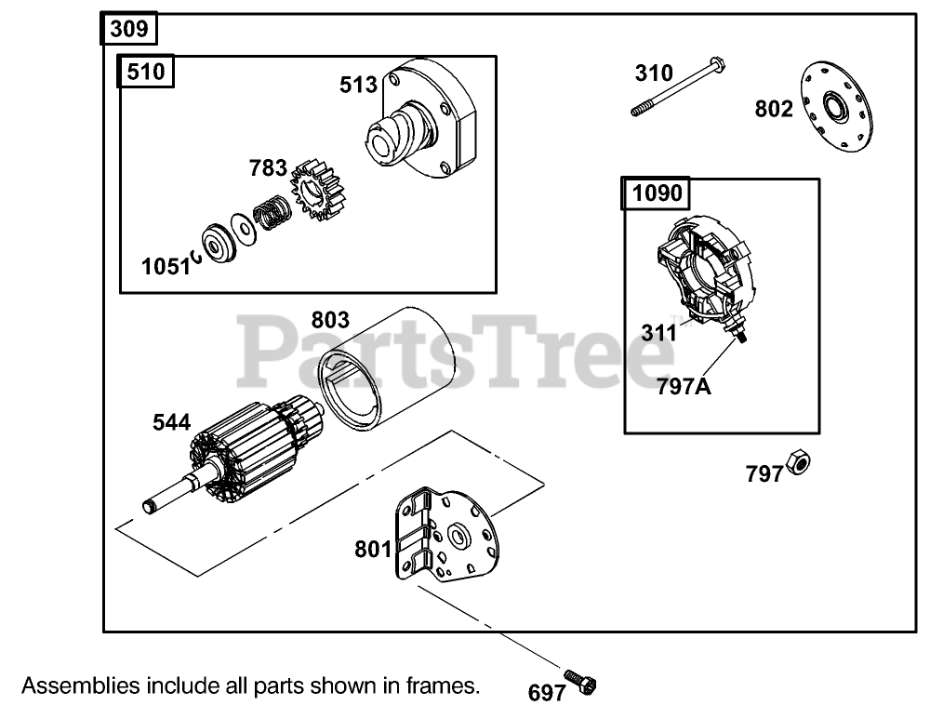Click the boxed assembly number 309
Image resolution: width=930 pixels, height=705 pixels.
[x=128, y=29]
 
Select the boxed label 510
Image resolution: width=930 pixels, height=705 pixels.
[x=145, y=73]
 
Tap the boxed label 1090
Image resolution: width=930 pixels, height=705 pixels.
[x=658, y=193]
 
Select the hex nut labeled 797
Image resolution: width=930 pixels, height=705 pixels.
[x=797, y=461]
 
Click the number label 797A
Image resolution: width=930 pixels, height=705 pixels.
[x=684, y=384]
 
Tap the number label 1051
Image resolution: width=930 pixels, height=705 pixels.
[x=165, y=266]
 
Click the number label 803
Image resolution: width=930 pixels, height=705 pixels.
[x=330, y=321]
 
